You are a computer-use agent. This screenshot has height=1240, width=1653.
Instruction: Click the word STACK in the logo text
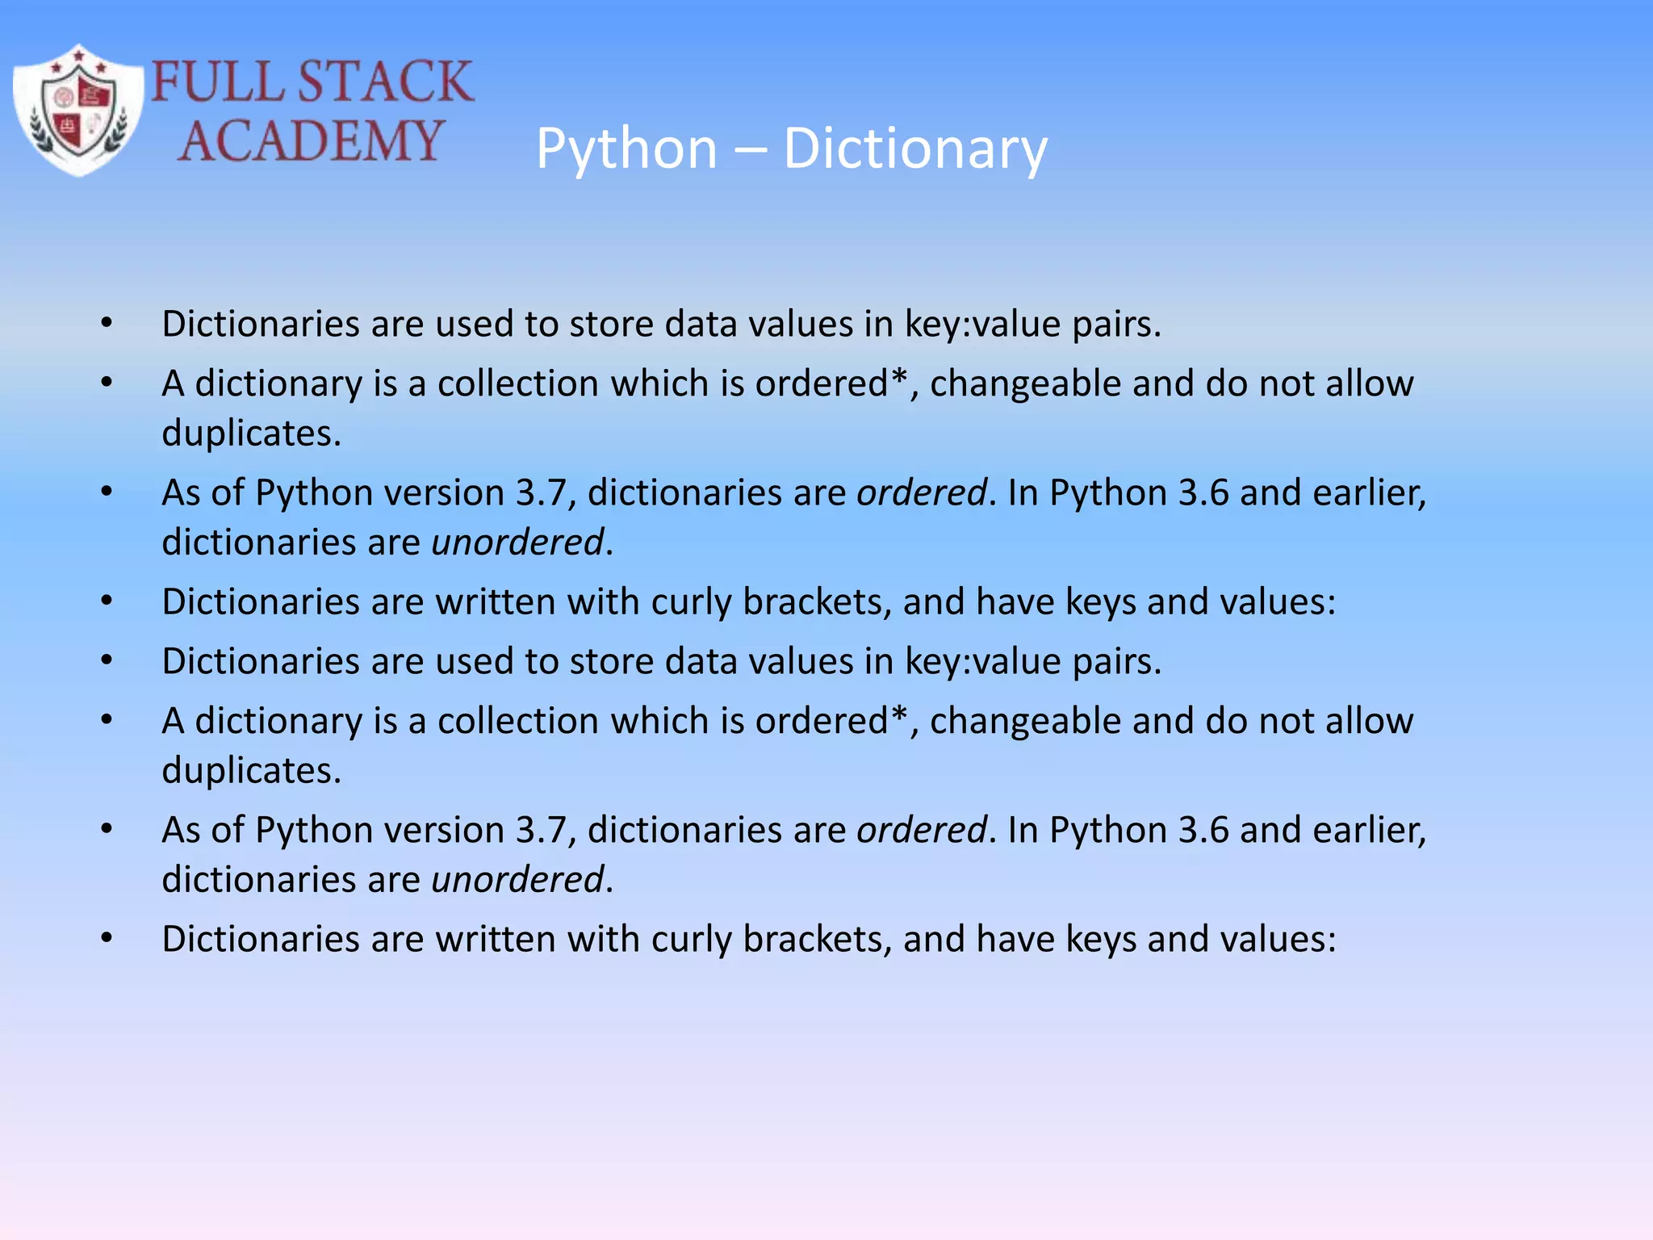click(385, 82)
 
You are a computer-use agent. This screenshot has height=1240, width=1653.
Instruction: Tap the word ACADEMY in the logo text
click(311, 140)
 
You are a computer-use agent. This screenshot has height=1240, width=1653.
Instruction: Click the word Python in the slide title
click(627, 149)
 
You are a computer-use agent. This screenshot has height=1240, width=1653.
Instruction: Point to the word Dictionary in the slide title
click(915, 149)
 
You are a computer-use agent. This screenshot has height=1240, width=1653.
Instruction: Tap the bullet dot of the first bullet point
click(107, 324)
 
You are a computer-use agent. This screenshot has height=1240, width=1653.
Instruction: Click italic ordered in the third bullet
click(921, 492)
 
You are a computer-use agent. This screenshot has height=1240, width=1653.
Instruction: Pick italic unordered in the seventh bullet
click(517, 879)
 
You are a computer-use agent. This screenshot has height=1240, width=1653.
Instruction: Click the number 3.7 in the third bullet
click(541, 492)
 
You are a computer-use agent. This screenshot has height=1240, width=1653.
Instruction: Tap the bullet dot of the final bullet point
click(107, 939)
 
